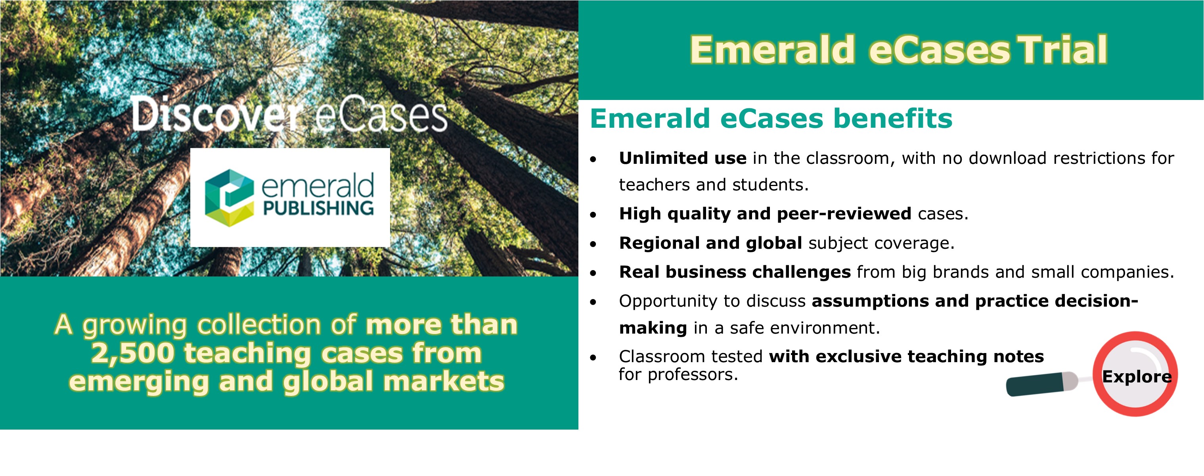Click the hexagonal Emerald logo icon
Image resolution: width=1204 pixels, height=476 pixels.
coord(230,198)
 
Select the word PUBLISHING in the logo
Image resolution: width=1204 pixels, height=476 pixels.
coord(318,208)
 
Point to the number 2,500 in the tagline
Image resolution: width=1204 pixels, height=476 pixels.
coord(132,353)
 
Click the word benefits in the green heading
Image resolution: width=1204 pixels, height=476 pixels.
coord(893,118)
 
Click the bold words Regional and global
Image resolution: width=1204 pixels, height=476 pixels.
coord(710,243)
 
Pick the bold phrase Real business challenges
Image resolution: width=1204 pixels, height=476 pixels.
coord(735,272)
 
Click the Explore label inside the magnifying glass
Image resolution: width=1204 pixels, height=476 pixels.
coord(1137,376)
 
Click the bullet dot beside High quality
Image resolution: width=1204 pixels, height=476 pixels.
coord(593,215)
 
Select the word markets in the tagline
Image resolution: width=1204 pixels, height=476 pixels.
coord(444,382)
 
